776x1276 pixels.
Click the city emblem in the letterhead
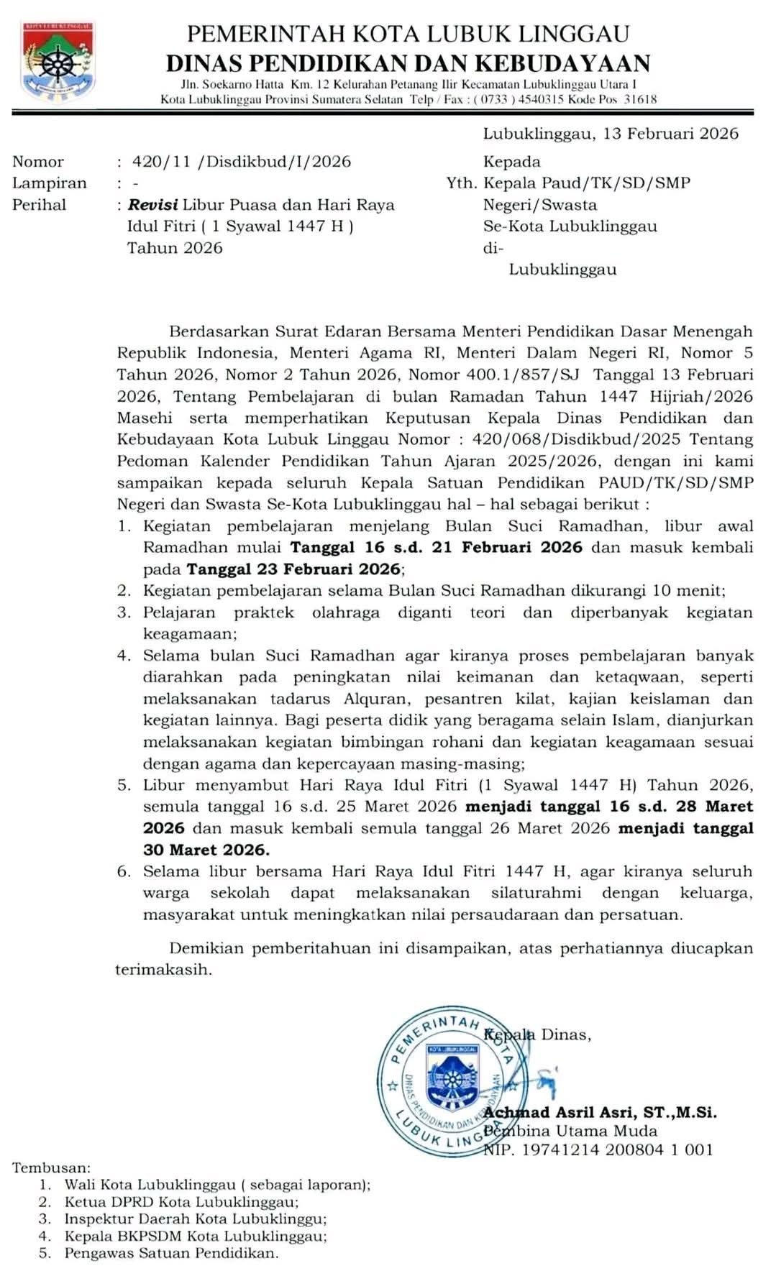coord(58,61)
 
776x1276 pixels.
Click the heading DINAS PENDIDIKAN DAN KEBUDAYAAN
coord(408,63)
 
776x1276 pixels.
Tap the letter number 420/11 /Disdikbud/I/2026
coord(242,161)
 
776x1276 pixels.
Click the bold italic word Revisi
coord(152,204)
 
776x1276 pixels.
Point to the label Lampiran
coord(49,183)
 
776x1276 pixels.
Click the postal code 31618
coord(640,99)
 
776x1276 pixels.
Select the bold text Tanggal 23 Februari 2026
coord(293,569)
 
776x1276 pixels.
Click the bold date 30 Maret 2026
coord(206,849)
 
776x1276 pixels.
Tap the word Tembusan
coord(51,1168)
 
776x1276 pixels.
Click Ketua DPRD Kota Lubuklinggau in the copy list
coord(181,1201)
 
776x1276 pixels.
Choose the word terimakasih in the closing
coord(163,969)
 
